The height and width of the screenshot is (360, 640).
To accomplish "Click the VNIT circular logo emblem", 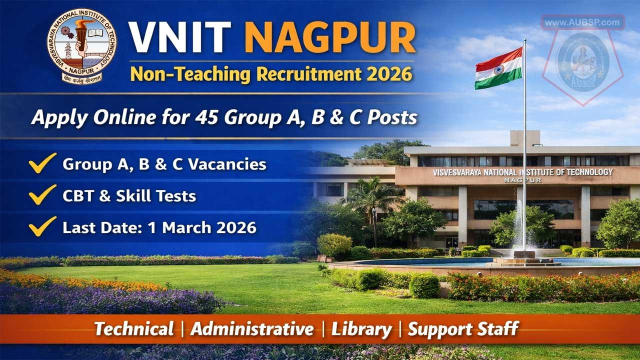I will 82,46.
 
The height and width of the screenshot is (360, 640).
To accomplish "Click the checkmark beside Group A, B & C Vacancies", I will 42,164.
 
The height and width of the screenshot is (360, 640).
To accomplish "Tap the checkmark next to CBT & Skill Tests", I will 42,195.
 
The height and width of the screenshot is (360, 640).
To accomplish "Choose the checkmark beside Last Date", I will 42,226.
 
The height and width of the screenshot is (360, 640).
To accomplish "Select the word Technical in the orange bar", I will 134,329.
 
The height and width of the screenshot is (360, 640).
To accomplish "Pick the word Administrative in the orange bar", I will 252,329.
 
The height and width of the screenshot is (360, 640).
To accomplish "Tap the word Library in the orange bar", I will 361,329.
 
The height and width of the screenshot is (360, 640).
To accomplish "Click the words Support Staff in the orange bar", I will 462,329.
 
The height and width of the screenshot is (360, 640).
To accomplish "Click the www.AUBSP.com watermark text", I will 582,22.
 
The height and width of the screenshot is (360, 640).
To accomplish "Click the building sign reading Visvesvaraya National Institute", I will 523,172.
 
